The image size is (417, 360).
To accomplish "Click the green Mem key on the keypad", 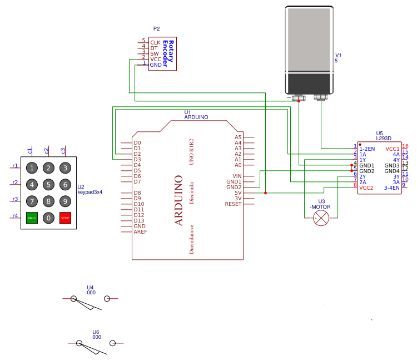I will pos(32,218).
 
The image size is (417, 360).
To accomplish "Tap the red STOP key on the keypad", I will pos(65,218).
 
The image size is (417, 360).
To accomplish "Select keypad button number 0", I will pos(48,218).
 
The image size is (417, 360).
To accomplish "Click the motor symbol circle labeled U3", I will pos(321,218).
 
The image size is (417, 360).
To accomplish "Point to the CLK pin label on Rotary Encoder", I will pos(155,42).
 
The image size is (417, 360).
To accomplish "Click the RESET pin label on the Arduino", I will pos(233,204).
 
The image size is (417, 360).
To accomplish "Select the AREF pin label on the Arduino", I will pos(140,232).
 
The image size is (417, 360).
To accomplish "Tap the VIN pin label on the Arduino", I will pos(237,176).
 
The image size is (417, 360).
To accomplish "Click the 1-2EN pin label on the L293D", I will pos(367,149).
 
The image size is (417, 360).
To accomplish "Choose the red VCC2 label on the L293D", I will pos(366,188).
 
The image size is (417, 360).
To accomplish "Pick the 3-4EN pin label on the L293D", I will pos(391,188).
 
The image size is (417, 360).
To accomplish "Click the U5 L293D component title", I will pos(384,136).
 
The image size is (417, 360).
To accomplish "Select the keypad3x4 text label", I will pos(90,192).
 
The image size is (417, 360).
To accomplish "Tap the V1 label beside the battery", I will pos(338,55).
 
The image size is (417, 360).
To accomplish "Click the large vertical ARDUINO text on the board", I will pos(179,200).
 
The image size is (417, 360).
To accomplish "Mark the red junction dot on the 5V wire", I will pos(265,193).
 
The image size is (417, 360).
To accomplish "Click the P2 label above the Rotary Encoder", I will pos(156,29).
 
